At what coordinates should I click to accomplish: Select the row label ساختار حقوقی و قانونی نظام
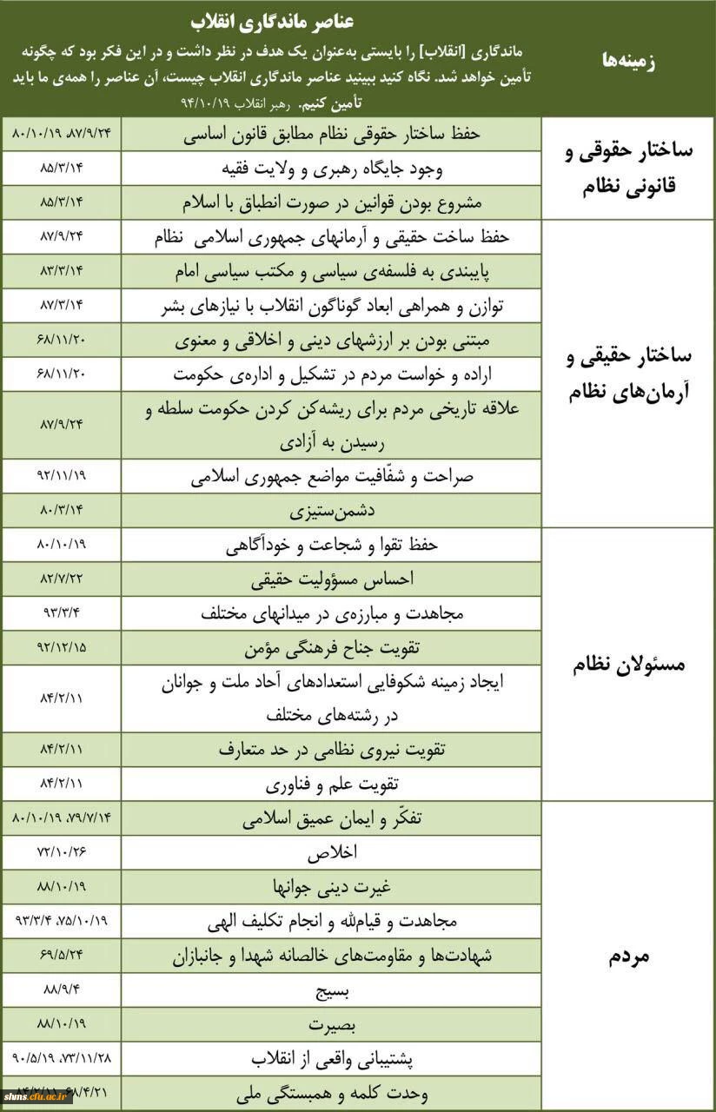click(x=628, y=168)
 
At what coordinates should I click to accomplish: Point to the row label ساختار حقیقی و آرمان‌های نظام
click(x=628, y=374)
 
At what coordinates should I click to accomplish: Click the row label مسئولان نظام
click(x=628, y=665)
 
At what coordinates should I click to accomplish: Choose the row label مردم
click(x=628, y=956)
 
